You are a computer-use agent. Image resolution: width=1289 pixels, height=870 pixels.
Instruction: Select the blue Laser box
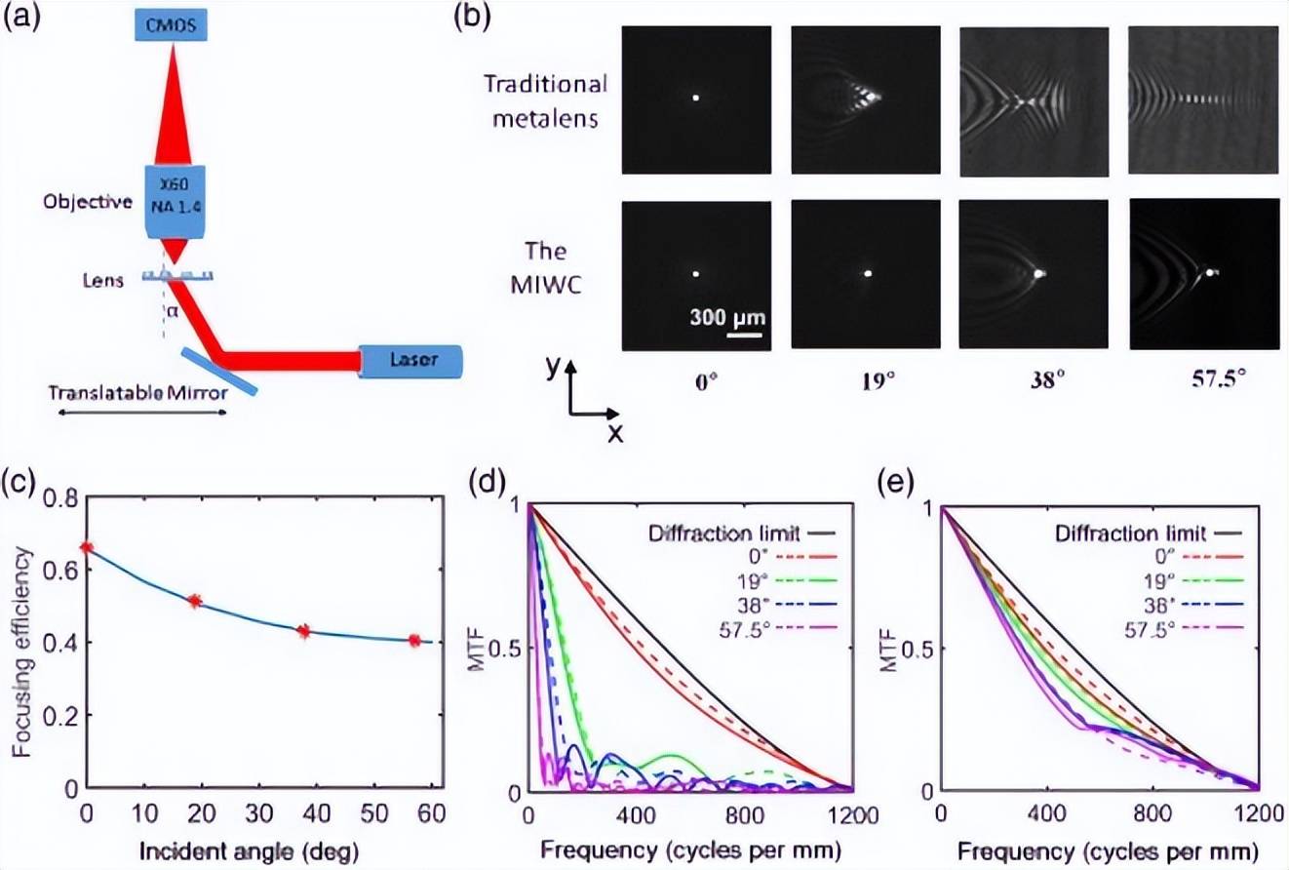pos(410,362)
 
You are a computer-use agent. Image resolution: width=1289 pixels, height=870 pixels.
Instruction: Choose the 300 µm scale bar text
pos(726,317)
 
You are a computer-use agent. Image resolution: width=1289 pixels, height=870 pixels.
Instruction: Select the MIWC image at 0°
pos(696,274)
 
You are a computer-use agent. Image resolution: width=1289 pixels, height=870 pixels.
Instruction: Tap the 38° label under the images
pos(1034,380)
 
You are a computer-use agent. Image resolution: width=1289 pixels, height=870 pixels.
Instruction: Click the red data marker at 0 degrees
pos(86,548)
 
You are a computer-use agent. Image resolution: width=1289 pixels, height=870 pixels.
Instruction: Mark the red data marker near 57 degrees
pos(414,640)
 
